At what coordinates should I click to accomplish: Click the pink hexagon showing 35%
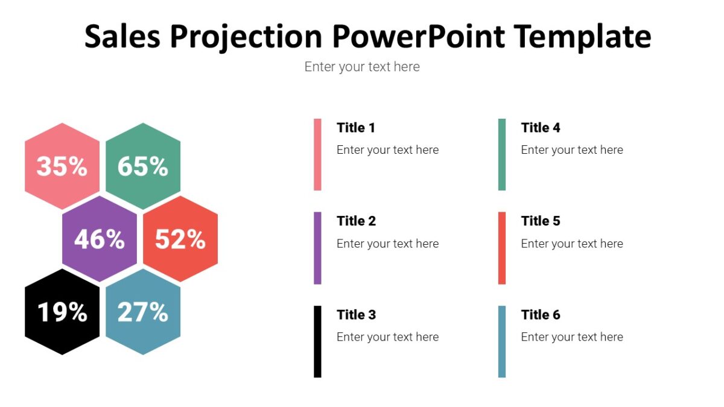pos(62,166)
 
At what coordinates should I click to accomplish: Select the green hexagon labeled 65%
pos(143,166)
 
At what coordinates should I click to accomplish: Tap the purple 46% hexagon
pos(100,239)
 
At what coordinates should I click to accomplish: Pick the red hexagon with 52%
pos(180,239)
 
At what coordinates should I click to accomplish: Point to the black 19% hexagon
pos(62,312)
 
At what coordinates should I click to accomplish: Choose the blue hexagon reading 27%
pos(143,312)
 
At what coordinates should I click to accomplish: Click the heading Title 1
pos(356,128)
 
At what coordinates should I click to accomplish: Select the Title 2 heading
pos(356,221)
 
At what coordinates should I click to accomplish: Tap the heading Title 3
pos(356,315)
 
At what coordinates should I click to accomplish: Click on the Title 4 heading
pos(541,128)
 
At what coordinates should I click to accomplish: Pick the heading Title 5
pos(541,221)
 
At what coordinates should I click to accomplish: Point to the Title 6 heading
pos(541,315)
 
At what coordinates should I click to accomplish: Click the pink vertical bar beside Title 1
pos(317,154)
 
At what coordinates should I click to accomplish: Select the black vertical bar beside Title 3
pos(317,341)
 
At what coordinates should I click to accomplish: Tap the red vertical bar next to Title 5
pos(502,248)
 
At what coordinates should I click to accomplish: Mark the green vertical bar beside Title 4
pos(502,154)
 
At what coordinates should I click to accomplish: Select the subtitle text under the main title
pos(362,67)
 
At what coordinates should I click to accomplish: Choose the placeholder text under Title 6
pos(572,337)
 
